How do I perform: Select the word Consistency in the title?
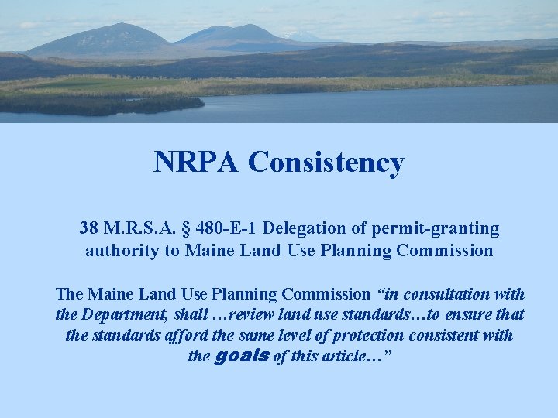[x=326, y=163]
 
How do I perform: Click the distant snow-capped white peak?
[x=303, y=36]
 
